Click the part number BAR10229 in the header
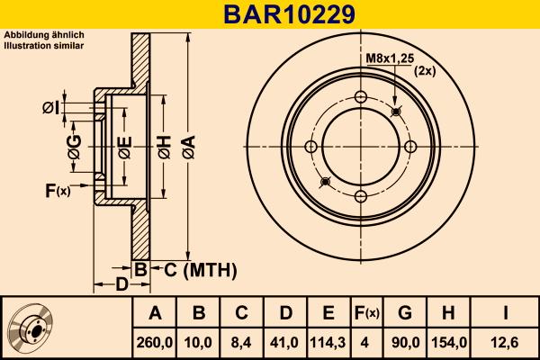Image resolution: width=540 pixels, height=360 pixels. [x=270, y=14]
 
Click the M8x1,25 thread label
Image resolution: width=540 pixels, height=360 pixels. [x=390, y=58]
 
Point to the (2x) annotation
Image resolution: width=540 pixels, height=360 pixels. [x=425, y=71]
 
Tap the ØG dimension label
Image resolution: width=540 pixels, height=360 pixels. [x=75, y=146]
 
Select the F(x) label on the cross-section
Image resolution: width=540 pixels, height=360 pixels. [x=58, y=190]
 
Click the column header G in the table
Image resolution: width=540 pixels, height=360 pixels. [x=405, y=313]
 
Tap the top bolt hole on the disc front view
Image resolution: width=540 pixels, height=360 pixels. [x=361, y=98]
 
